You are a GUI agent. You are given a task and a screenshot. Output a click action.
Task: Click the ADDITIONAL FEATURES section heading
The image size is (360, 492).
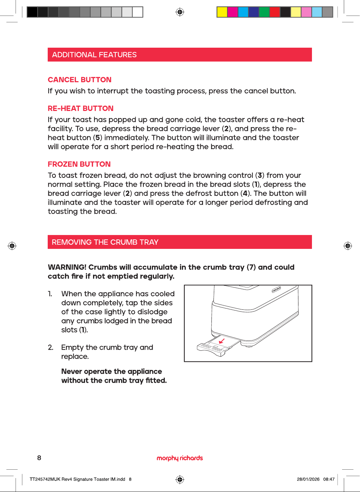point(94,55)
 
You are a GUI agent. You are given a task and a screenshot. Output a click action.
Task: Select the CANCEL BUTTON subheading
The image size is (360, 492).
point(80,79)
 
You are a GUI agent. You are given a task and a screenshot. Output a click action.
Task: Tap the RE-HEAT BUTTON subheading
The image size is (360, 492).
point(81,108)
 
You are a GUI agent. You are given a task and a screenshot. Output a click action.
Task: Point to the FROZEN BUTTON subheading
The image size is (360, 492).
point(79,164)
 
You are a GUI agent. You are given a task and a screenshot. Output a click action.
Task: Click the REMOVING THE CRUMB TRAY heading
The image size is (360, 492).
point(105,242)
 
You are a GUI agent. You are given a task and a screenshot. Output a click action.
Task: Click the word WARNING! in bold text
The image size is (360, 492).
point(67,267)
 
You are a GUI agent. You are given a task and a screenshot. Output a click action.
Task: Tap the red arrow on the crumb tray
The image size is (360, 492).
point(222,341)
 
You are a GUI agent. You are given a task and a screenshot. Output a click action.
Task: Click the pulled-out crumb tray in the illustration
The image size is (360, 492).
point(218,346)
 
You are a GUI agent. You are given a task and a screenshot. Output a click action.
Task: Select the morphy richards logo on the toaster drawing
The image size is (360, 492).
point(276,289)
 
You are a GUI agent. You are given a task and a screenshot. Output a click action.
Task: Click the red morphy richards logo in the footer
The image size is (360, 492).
point(180,458)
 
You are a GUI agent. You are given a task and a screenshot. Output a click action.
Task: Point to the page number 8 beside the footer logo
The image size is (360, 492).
point(39,458)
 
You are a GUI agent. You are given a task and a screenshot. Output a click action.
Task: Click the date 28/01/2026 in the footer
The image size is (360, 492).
point(308,479)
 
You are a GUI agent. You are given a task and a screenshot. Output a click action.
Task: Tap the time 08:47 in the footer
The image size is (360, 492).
point(329,479)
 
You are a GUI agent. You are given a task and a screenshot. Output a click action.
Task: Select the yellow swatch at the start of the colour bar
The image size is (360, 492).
point(222,12)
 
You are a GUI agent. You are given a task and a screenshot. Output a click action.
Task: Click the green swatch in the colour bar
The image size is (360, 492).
point(264,12)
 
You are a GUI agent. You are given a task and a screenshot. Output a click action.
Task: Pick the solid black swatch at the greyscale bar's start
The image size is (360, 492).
point(32,12)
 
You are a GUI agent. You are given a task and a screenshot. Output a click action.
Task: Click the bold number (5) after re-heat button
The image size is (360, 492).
point(97,138)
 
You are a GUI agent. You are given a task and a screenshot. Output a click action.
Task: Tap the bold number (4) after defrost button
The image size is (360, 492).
point(245,193)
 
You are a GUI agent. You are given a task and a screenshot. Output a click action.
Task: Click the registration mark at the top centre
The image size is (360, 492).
point(180,12)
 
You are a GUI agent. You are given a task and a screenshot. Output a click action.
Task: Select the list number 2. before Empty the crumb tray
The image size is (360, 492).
point(50,348)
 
